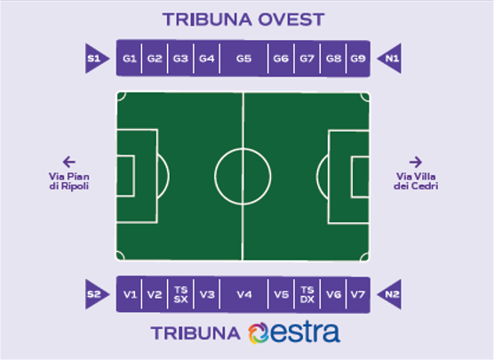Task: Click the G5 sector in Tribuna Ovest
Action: click(x=243, y=59)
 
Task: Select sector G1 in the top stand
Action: click(x=129, y=59)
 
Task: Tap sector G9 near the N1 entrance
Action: click(x=358, y=59)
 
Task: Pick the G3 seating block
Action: click(x=180, y=59)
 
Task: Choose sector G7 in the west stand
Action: click(x=307, y=59)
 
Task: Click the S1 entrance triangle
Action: click(x=95, y=59)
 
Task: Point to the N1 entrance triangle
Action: click(x=391, y=59)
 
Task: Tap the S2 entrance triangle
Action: click(x=95, y=294)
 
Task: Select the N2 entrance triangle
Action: click(x=391, y=294)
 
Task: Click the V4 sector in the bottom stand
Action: click(x=243, y=294)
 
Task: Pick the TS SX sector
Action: click(x=180, y=294)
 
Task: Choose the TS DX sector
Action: click(x=307, y=294)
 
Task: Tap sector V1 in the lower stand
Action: click(x=129, y=294)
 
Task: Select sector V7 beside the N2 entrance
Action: click(x=358, y=294)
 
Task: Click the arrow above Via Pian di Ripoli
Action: click(x=69, y=162)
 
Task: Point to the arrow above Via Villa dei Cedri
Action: click(x=416, y=162)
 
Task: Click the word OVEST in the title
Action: click(x=291, y=20)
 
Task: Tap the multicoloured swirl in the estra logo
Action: click(x=259, y=333)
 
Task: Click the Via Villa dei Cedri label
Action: click(x=416, y=181)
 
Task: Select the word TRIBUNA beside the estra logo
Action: click(x=195, y=333)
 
